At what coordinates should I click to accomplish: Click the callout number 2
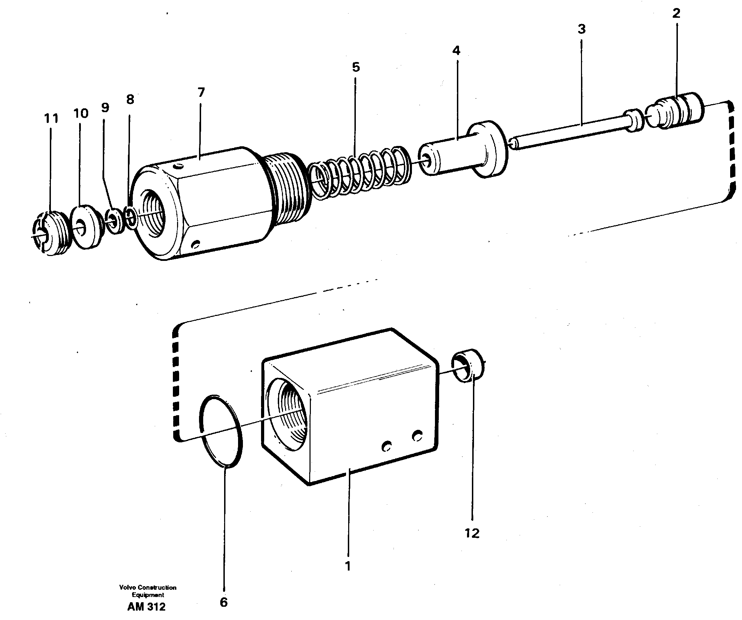pos(676,14)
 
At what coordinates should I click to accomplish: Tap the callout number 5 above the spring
pos(356,67)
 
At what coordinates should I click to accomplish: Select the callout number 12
pos(472,533)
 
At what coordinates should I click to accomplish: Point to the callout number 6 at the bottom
pos(224,602)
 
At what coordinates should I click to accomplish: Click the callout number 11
pos(51,118)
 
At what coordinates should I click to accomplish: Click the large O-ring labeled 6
pos(221,431)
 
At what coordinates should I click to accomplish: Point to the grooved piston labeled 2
pos(675,111)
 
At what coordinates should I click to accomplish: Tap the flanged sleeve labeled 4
pos(463,150)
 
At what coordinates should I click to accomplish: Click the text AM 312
pos(146,607)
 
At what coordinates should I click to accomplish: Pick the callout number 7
pos(201,93)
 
